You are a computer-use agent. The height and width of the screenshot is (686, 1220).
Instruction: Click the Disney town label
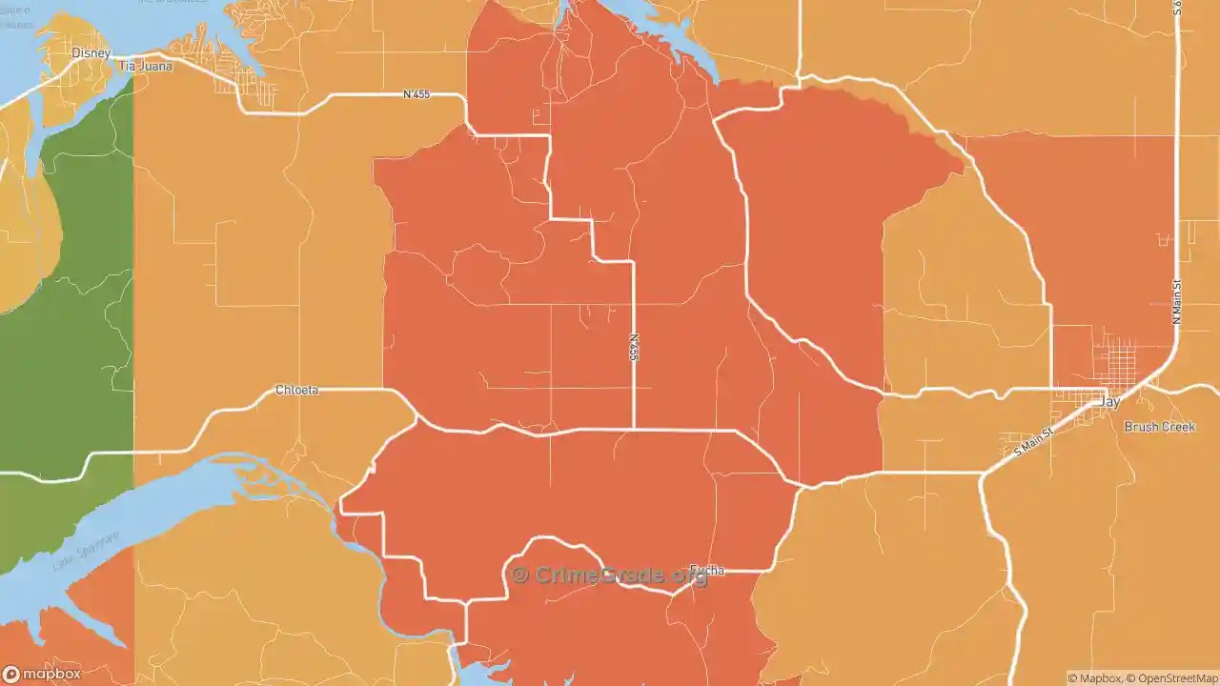point(91,53)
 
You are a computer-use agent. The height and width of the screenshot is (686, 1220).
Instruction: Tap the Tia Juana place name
point(141,67)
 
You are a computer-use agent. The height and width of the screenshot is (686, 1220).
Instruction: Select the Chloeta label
point(296,391)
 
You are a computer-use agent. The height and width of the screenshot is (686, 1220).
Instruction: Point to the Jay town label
point(1109,403)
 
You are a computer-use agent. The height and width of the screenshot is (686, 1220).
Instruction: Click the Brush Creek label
point(1159,427)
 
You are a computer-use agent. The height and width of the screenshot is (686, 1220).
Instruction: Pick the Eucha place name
point(707,570)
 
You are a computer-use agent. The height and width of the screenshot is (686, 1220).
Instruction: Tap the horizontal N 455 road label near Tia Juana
point(417,94)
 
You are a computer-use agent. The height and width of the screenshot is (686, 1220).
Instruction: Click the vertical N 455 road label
point(634,346)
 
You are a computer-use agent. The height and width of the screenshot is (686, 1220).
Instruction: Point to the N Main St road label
point(1177,301)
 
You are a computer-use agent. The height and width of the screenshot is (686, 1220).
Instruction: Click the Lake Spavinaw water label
point(86,551)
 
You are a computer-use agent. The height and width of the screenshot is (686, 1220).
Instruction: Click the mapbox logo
point(42,674)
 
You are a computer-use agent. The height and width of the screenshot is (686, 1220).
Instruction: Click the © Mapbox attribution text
point(1094,678)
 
